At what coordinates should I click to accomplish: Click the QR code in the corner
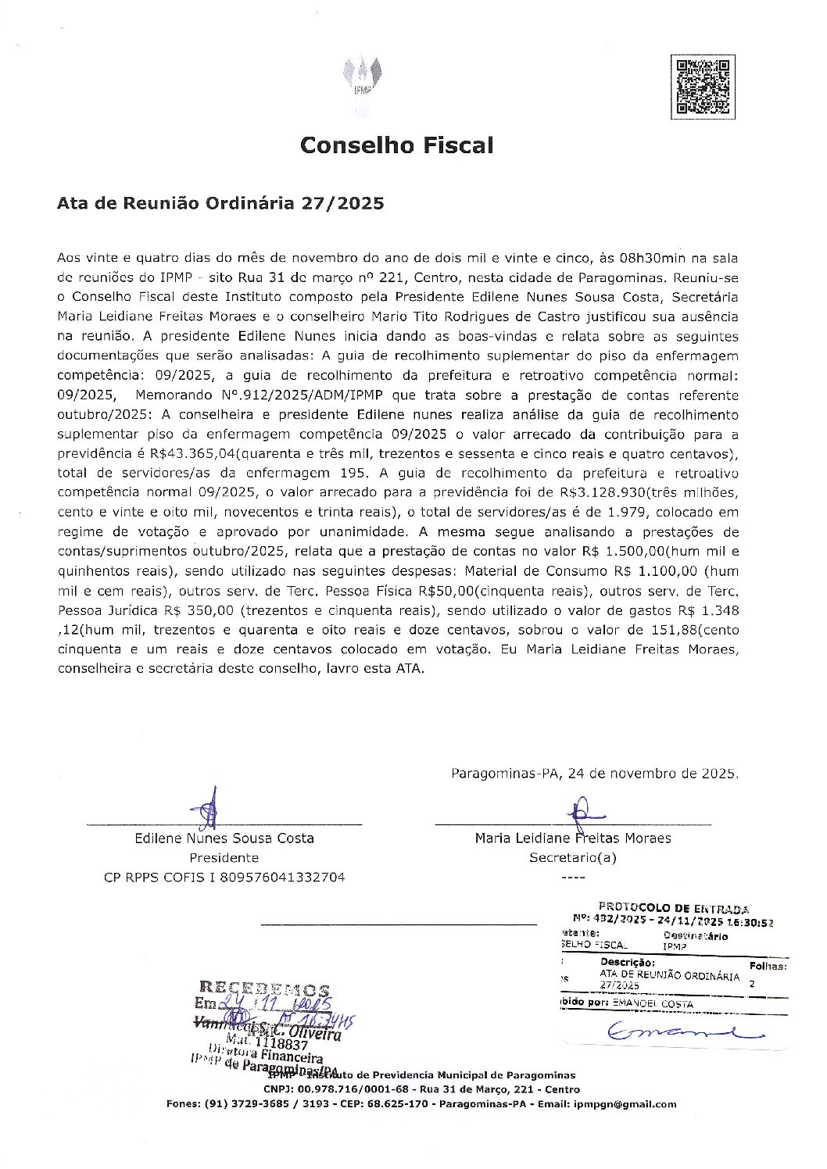click(702, 87)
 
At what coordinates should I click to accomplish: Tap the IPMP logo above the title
click(362, 82)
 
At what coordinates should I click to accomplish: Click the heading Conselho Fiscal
click(397, 145)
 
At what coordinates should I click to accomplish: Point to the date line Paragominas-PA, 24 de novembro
click(594, 774)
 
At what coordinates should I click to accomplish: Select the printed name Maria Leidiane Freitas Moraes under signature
click(572, 838)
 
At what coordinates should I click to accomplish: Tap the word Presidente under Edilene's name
click(224, 857)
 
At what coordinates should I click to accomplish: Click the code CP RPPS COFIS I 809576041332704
click(224, 877)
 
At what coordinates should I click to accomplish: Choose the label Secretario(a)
click(573, 857)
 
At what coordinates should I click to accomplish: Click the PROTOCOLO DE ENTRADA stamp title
click(672, 908)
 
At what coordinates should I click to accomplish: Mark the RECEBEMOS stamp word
click(264, 988)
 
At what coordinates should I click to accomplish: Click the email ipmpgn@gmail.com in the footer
click(625, 1104)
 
